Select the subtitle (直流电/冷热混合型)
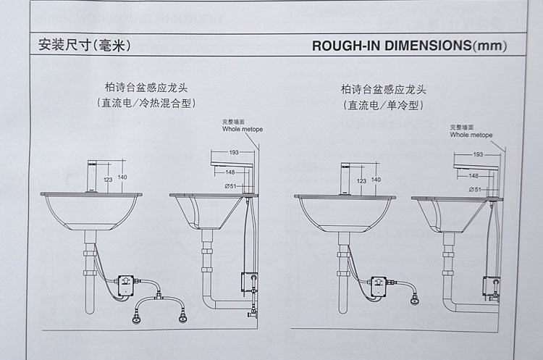coord(148,103)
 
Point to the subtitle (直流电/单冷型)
coord(384,106)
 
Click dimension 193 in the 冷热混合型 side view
coord(234,152)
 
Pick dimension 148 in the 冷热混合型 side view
coord(230,172)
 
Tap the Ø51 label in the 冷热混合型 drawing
coord(232,186)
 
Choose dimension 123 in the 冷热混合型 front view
coord(107,179)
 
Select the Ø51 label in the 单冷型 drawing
coord(476,189)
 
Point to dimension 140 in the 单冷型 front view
coord(376,180)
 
